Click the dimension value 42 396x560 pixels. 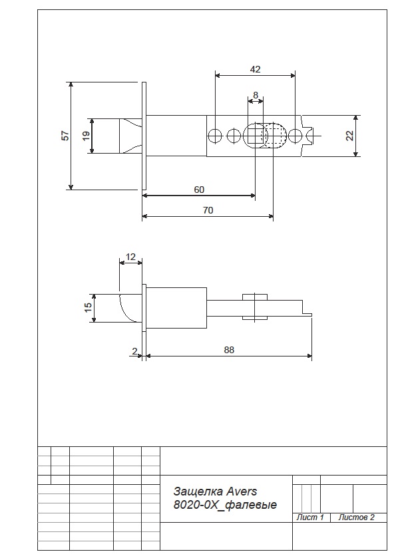[255, 69]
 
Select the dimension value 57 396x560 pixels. [65, 136]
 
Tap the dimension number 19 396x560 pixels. [86, 136]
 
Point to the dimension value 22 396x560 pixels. [349, 136]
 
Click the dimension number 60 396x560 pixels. [199, 190]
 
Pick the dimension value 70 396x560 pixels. [208, 210]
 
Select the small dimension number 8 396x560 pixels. [256, 95]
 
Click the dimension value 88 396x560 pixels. [229, 350]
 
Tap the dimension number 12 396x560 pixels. [131, 257]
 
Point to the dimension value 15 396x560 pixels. [89, 307]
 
